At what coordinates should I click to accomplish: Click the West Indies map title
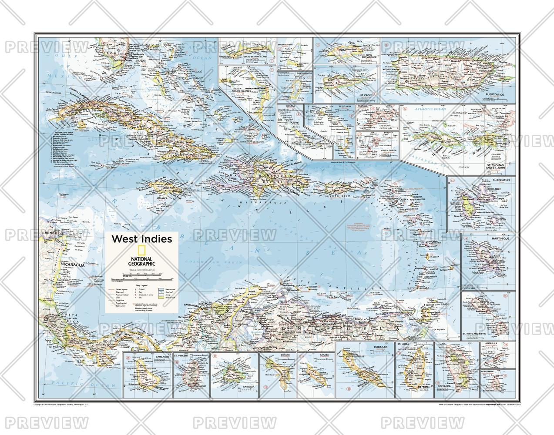(142, 239)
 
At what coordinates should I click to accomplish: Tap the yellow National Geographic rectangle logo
(141, 250)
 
